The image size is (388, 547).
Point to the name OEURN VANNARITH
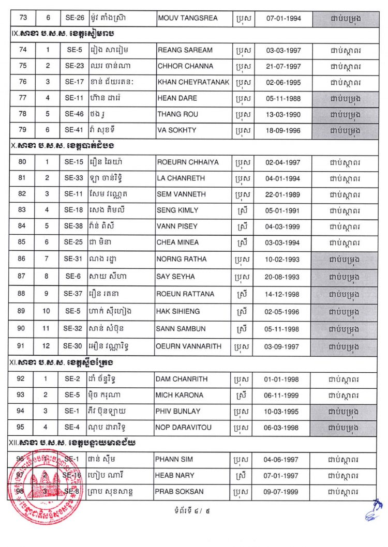[x=188, y=346]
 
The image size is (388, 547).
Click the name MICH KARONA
[x=178, y=395]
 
